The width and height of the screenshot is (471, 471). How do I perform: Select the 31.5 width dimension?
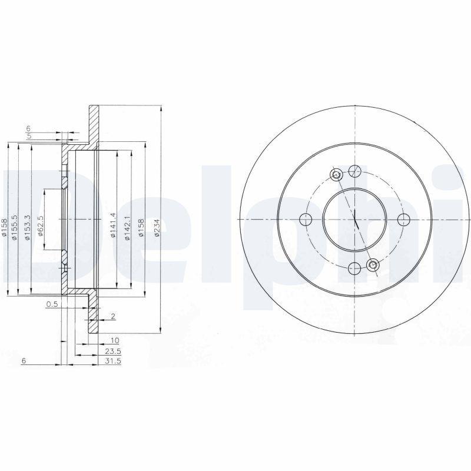click(x=112, y=361)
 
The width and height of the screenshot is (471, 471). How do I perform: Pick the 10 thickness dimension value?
click(x=114, y=340)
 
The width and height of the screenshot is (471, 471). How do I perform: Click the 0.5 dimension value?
click(x=52, y=304)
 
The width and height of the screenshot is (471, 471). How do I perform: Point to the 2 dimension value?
click(x=112, y=317)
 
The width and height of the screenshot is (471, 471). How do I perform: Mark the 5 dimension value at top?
click(x=28, y=135)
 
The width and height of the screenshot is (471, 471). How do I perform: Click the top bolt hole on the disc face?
click(x=354, y=171)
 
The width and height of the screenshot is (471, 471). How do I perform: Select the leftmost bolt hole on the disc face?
click(x=306, y=220)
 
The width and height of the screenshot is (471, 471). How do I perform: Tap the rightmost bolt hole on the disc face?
click(x=403, y=220)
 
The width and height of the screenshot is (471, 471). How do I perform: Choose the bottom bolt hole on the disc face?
click(x=354, y=268)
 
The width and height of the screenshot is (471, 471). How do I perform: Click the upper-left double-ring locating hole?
click(x=336, y=174)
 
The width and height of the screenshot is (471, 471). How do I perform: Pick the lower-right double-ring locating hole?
click(x=373, y=266)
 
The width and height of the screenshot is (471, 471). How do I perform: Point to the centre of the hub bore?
click(x=354, y=220)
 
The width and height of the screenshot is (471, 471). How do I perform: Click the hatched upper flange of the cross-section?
click(x=93, y=124)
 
